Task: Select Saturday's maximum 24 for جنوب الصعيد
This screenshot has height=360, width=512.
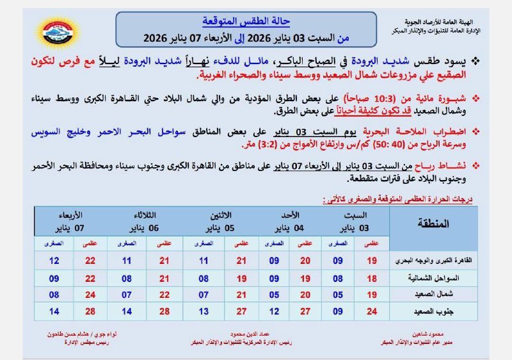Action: pyautogui.click(x=372, y=311)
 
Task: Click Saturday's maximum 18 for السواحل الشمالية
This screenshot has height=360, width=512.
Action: pyautogui.click(x=372, y=279)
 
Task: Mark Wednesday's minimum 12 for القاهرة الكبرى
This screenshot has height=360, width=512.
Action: pyautogui.click(x=54, y=261)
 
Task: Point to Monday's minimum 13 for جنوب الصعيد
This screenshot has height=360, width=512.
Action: pyautogui.click(x=203, y=311)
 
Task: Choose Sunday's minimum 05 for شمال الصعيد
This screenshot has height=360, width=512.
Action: pyautogui.click(x=273, y=295)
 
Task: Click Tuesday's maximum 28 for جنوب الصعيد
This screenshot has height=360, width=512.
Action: pyautogui.click(x=164, y=311)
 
